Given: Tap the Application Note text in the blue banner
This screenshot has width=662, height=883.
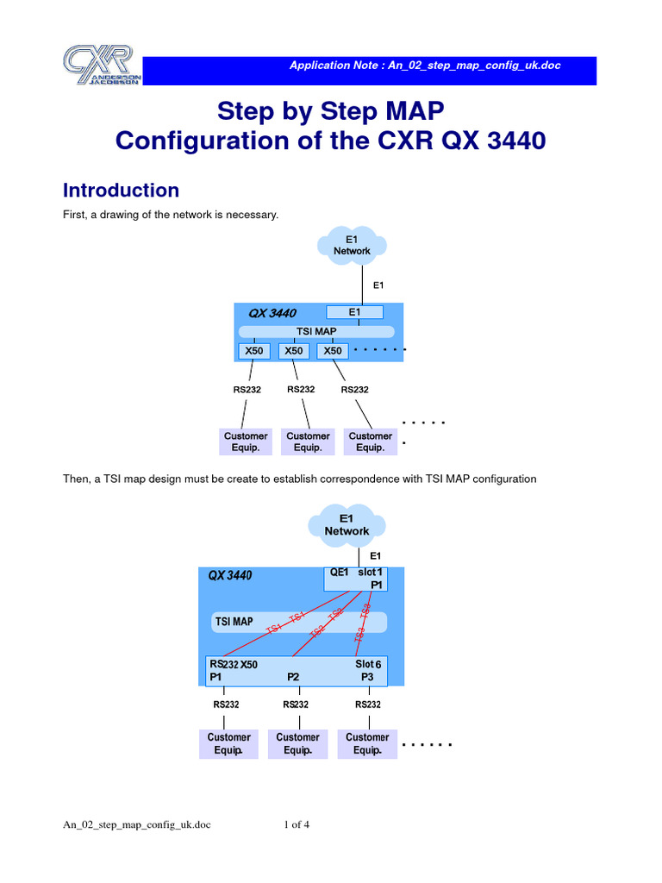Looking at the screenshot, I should pos(425,66).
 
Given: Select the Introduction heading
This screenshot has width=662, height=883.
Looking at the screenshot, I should pos(122,191).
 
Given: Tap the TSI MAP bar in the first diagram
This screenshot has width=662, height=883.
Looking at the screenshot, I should pos(315,331).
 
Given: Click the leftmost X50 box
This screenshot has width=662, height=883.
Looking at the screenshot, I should pos(253,351).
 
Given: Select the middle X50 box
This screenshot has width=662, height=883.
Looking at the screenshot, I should pos(294,351).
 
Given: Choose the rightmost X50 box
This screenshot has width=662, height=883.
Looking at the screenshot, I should pos(334,351).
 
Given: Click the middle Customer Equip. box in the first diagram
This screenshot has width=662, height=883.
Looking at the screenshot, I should pos(308,441).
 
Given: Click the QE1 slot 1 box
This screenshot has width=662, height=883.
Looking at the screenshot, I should pos(355,578).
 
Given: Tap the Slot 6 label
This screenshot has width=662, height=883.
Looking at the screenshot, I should pos(368,665).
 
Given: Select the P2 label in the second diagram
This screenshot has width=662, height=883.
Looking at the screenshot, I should pos(293,678).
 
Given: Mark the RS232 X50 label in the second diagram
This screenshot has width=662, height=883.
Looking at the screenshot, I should pos(234,665).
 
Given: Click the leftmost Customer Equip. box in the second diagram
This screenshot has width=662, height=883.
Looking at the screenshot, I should pos(228,743).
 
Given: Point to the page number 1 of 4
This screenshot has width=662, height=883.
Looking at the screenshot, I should pos(297,825).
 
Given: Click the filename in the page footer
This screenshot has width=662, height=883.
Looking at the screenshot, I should pos(136,825).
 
